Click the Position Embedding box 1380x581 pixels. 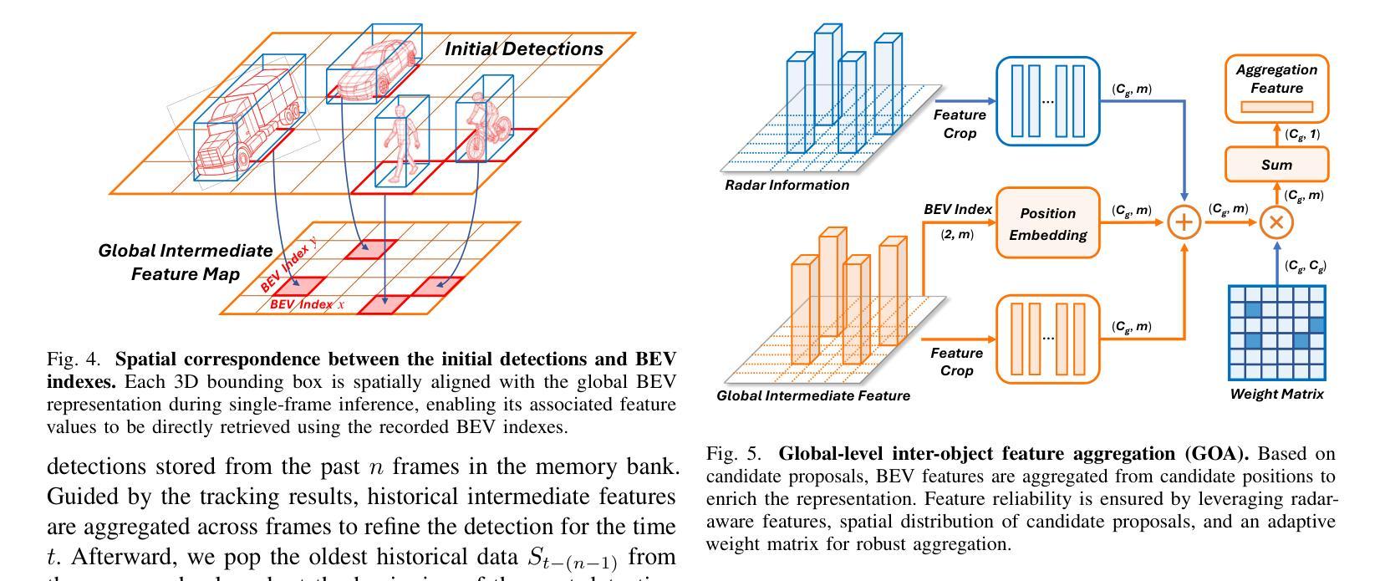click(x=1047, y=223)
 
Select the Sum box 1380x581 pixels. click(x=1276, y=165)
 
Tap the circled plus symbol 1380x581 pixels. click(x=1184, y=222)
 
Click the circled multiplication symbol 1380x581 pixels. click(x=1276, y=222)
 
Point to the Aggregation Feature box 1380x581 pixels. click(x=1276, y=87)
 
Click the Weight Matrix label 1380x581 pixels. click(x=1276, y=394)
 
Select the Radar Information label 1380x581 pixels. click(x=787, y=186)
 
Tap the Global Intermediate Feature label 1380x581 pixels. click(x=813, y=395)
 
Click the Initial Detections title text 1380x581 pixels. click(x=523, y=48)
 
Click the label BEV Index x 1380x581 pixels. click(x=306, y=304)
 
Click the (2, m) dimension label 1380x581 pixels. click(x=957, y=235)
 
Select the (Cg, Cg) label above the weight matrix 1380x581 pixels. click(x=1305, y=267)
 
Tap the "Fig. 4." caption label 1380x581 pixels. click(x=74, y=359)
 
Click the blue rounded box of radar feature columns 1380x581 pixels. click(x=1047, y=100)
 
